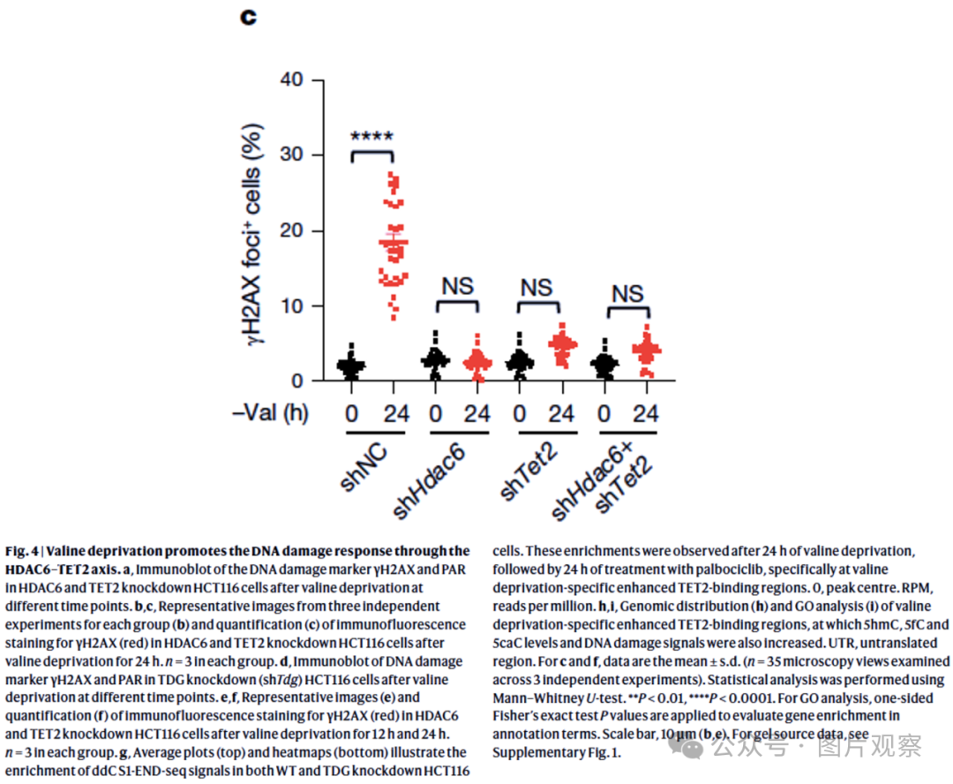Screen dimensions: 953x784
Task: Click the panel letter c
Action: pyautogui.click(x=248, y=17)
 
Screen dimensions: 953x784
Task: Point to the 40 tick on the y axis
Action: pyautogui.click(x=292, y=79)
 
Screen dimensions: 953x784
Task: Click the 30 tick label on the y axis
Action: pyautogui.click(x=292, y=155)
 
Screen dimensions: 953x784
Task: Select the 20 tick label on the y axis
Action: pyautogui.click(x=292, y=230)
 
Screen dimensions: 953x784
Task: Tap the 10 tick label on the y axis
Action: pyautogui.click(x=292, y=306)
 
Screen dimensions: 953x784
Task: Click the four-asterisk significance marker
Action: pyautogui.click(x=372, y=136)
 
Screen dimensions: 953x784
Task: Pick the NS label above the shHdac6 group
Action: pyautogui.click(x=458, y=286)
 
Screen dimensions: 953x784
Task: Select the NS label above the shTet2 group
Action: pyautogui.click(x=537, y=288)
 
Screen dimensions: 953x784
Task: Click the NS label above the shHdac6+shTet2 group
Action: pyautogui.click(x=628, y=294)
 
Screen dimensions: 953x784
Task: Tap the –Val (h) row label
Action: pyautogui.click(x=271, y=413)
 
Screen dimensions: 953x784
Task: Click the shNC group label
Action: pyautogui.click(x=363, y=466)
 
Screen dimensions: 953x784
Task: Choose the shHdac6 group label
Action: pyautogui.click(x=429, y=480)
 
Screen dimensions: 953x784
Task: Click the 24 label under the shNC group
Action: pyautogui.click(x=396, y=414)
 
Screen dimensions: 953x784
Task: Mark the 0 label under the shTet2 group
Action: pyautogui.click(x=520, y=414)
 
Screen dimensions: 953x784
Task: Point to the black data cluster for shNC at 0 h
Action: pyautogui.click(x=351, y=365)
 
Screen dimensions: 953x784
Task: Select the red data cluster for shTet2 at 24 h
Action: pyautogui.click(x=563, y=345)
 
